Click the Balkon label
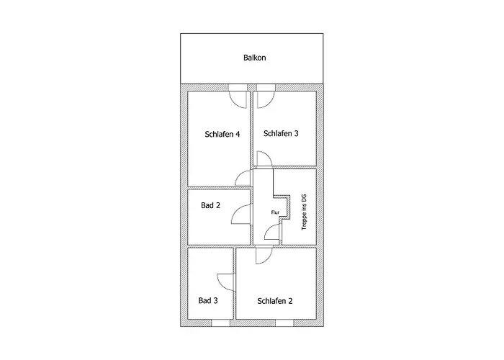pyautogui.click(x=255, y=58)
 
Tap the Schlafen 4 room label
pyautogui.click(x=222, y=134)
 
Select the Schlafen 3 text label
pyautogui.click(x=281, y=133)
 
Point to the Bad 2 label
pyautogui.click(x=210, y=205)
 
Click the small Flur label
pyautogui.click(x=275, y=212)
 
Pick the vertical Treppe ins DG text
pyautogui.click(x=304, y=212)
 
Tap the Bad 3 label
pyautogui.click(x=208, y=300)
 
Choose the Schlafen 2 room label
pyautogui.click(x=275, y=301)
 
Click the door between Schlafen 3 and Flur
pyautogui.click(x=264, y=159)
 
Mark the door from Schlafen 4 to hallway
pyautogui.click(x=243, y=179)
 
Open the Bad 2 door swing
pyautogui.click(x=240, y=215)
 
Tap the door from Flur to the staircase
pyautogui.click(x=272, y=232)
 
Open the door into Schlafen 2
pyautogui.click(x=264, y=256)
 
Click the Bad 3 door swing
pyautogui.click(x=226, y=282)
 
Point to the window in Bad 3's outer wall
pyautogui.click(x=220, y=323)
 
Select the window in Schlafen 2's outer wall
pyautogui.click(x=284, y=323)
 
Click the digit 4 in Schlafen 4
pyautogui.click(x=238, y=134)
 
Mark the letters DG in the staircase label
pyautogui.click(x=304, y=198)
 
